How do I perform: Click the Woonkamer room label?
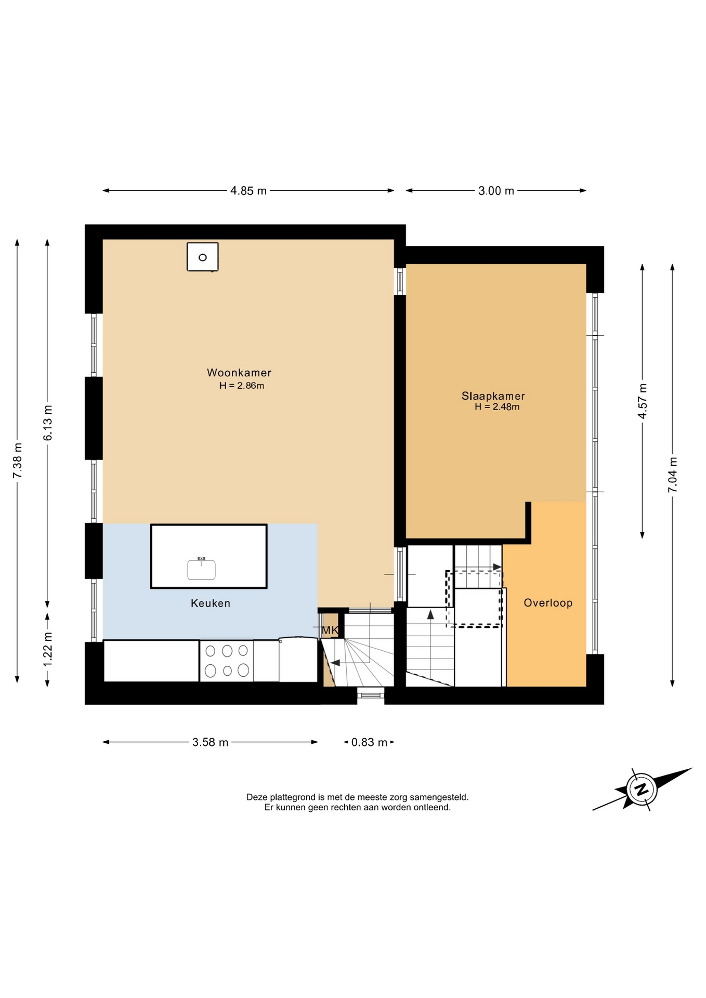coord(239,373)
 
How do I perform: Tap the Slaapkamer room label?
coord(493,396)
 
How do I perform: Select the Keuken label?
coord(211,603)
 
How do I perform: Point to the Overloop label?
coord(548,603)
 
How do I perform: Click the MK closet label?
coord(330,631)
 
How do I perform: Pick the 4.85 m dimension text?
coord(249,191)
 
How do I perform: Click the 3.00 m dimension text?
coord(496,191)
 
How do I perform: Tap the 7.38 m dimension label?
coord(17,461)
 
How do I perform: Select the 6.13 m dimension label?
coord(47,423)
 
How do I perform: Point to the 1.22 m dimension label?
coord(47,649)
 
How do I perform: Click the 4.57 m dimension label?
coord(643,401)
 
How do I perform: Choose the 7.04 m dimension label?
coord(673,475)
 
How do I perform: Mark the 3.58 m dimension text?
coord(211,742)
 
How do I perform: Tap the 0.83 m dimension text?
coord(369,742)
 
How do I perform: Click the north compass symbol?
coord(642,790)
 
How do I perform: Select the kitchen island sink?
coord(201,569)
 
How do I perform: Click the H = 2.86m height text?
coord(242,386)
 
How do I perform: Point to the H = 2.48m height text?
coord(497,407)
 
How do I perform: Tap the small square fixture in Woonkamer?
coord(203,257)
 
